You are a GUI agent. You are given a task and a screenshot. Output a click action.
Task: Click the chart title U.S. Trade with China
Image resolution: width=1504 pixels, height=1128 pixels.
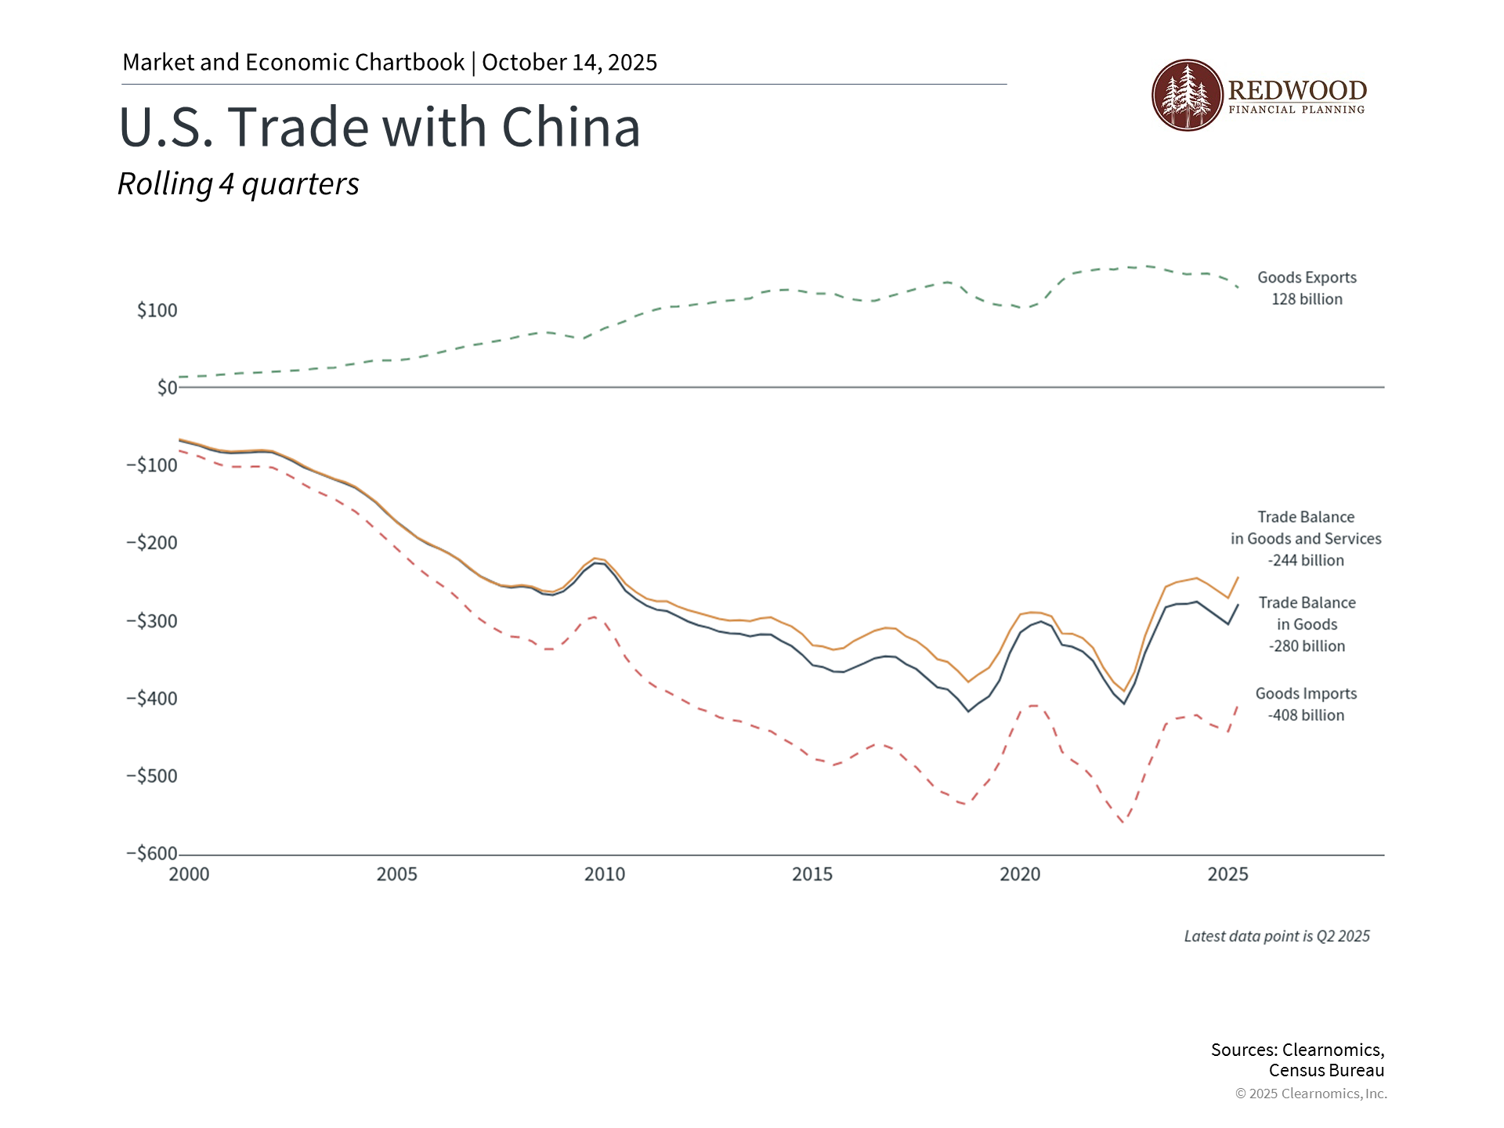(x=379, y=127)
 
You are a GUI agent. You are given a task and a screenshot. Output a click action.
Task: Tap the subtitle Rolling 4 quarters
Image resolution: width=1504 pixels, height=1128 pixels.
(x=238, y=184)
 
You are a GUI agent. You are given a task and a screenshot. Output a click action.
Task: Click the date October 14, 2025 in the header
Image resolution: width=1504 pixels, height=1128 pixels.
(x=569, y=63)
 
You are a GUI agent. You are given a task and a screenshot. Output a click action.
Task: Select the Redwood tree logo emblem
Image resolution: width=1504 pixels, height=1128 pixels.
(x=1187, y=95)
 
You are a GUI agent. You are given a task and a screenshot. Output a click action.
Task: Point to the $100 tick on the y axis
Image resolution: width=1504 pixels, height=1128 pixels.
(x=157, y=310)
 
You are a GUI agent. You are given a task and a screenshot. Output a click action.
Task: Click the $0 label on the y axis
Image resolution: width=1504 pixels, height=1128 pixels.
(x=167, y=388)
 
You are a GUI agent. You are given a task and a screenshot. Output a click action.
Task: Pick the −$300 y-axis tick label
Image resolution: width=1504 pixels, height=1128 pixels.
(x=152, y=621)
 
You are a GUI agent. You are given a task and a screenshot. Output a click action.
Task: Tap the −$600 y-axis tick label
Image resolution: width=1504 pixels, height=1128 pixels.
(x=152, y=854)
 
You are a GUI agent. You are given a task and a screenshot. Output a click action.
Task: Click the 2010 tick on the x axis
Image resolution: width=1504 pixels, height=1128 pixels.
(x=605, y=874)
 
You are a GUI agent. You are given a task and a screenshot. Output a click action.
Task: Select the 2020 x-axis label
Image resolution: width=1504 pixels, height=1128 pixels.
(x=1020, y=874)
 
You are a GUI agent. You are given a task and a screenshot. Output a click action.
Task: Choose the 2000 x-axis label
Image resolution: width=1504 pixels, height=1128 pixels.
(x=189, y=874)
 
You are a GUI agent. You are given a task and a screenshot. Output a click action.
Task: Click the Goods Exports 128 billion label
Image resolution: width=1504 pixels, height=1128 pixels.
(x=1307, y=288)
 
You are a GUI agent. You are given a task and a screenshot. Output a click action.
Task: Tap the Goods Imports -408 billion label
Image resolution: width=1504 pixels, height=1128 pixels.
(x=1306, y=704)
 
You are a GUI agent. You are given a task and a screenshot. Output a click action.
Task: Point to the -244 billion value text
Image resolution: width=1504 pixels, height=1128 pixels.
(x=1306, y=561)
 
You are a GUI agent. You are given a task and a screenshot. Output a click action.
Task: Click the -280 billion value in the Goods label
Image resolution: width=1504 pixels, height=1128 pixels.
(x=1307, y=646)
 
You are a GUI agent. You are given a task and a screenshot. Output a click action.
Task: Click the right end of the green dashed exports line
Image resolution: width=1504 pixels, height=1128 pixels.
(x=1238, y=287)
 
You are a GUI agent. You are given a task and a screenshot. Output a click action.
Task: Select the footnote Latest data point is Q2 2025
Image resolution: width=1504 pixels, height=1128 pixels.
(x=1277, y=936)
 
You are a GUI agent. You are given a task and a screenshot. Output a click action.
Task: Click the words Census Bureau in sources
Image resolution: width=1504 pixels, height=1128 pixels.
(x=1326, y=1071)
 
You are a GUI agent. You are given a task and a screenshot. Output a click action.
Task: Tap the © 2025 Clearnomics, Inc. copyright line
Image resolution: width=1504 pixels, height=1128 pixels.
(x=1311, y=1094)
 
